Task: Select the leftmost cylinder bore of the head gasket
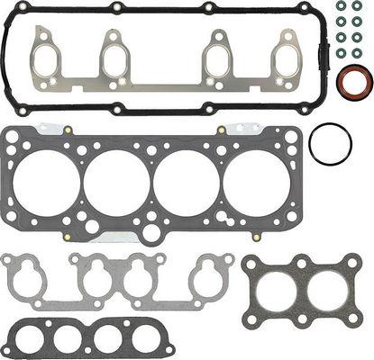click(x=47, y=184)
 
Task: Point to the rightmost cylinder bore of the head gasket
click(x=257, y=184)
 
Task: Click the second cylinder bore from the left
click(x=117, y=184)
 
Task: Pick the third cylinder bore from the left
click(x=187, y=184)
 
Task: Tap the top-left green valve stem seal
click(x=342, y=10)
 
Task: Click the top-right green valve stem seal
click(x=358, y=10)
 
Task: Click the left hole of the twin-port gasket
click(x=277, y=289)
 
